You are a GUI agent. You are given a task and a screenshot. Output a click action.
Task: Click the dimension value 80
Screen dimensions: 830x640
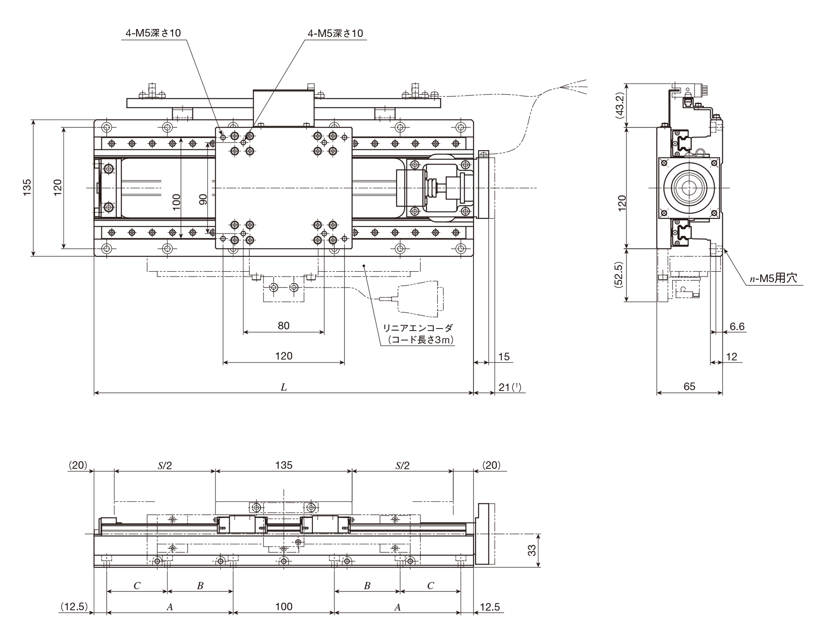[x=283, y=326]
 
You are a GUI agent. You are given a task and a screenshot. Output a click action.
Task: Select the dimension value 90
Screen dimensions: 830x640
[x=203, y=200]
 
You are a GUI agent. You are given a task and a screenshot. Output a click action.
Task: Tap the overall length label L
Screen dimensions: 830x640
[x=283, y=387]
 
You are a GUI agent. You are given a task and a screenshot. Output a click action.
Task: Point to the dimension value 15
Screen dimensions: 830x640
[x=504, y=357]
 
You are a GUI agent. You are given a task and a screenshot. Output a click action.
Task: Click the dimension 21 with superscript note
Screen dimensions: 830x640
[x=510, y=387]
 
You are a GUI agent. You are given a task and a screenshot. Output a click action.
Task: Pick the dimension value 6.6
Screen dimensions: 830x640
[x=737, y=326]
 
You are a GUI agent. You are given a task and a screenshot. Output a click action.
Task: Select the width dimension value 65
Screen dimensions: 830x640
[x=689, y=387]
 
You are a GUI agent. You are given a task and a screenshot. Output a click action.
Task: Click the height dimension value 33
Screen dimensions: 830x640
[x=532, y=550]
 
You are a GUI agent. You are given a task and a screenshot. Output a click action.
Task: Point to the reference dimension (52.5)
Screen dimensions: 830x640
[x=619, y=275]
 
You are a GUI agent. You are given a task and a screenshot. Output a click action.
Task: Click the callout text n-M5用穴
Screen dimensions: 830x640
[x=773, y=278]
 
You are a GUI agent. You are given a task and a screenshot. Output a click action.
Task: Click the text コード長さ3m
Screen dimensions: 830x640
[x=420, y=340]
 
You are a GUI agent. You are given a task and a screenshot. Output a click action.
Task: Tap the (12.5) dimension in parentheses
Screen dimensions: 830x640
[x=74, y=607]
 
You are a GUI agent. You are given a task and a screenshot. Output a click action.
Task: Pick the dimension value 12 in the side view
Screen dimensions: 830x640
[x=732, y=357]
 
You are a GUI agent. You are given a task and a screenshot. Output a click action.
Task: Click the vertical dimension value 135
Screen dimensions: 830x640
[x=27, y=187]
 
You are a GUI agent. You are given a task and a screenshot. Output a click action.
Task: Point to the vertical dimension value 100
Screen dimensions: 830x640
[x=176, y=202]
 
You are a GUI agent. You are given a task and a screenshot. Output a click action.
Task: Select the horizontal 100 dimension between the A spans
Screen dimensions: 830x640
[x=284, y=607]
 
